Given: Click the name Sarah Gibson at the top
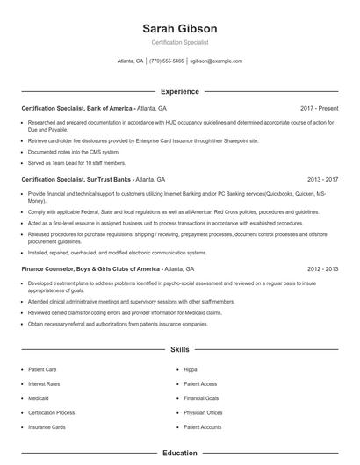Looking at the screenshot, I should (179, 29).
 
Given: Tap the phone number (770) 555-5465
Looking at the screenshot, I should (167, 61).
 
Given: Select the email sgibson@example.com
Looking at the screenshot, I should (216, 61).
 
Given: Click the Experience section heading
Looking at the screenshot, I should (179, 91).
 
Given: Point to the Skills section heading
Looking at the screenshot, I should (179, 349).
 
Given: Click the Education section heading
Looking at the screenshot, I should (179, 454).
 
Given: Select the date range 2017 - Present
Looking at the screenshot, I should (319, 108).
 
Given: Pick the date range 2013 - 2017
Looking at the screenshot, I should (322, 179).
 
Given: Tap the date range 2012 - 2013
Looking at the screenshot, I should (322, 269).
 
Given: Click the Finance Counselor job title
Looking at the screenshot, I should (107, 269).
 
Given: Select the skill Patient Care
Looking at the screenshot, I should (43, 369).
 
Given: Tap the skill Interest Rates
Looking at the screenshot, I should (44, 383).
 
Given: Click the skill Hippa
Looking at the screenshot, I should (191, 369).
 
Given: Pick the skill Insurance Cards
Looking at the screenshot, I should (47, 426).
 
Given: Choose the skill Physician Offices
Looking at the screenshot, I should (203, 412).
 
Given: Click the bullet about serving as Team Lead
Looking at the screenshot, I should (76, 162).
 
